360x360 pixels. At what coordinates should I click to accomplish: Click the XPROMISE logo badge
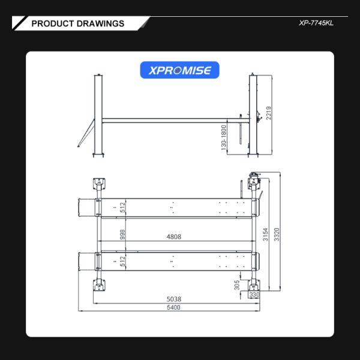click(x=180, y=70)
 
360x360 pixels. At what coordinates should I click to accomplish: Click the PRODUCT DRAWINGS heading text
click(x=77, y=23)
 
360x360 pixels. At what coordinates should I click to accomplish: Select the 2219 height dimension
click(x=269, y=113)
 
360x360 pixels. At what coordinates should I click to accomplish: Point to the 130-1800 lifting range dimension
click(x=223, y=138)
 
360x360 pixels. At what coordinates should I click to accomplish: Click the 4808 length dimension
click(x=173, y=237)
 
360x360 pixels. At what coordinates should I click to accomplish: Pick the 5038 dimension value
click(x=173, y=298)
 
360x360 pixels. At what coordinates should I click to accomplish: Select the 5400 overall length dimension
click(x=173, y=307)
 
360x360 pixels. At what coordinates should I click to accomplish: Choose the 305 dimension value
click(x=236, y=284)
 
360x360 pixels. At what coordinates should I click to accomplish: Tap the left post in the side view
click(x=98, y=114)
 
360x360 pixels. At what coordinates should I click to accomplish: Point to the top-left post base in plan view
click(x=97, y=182)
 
